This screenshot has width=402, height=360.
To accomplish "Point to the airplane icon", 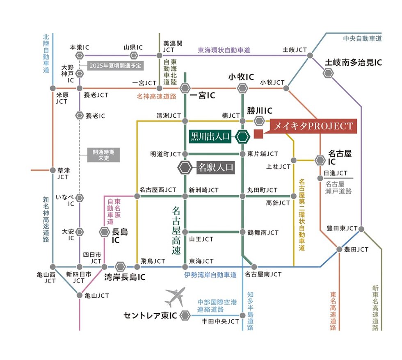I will click(x=175, y=298).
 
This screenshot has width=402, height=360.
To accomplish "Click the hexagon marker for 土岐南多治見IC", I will click(x=328, y=73).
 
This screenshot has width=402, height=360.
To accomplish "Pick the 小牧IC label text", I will click(x=242, y=77).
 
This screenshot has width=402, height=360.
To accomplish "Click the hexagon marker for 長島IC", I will click(x=104, y=232).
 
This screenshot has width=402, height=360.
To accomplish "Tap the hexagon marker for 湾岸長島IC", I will click(x=120, y=267).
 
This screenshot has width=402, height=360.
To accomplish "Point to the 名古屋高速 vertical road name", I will click(x=176, y=231).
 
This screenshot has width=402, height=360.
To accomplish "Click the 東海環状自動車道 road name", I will click(x=224, y=50).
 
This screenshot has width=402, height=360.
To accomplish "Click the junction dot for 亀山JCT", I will click(x=80, y=295).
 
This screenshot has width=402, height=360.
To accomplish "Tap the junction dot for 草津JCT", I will click(x=53, y=170).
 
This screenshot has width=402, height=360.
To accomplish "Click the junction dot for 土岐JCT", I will click(x=310, y=55).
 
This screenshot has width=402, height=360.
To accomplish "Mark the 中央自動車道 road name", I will click(x=362, y=39).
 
